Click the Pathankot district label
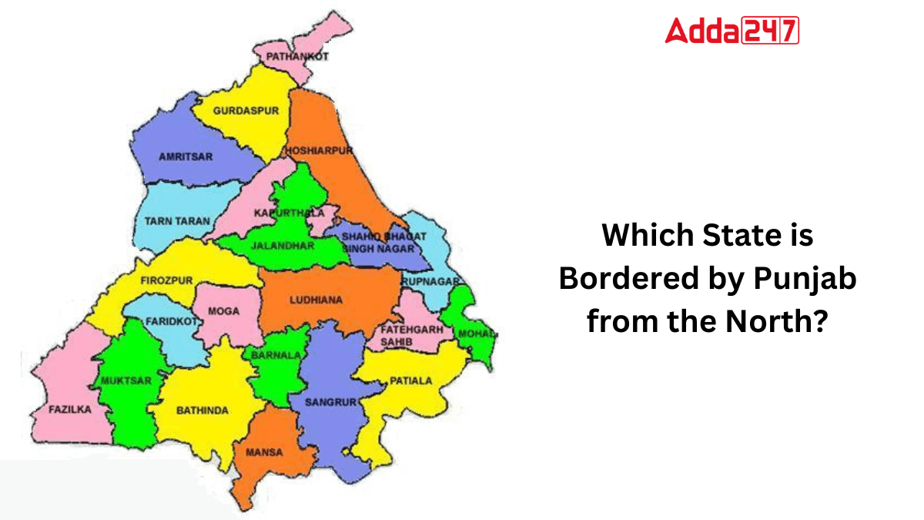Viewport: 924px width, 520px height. pos(296,56)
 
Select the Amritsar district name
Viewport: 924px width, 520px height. pos(185,156)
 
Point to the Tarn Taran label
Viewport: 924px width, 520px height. pos(177,220)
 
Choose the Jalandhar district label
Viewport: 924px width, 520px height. pos(283,246)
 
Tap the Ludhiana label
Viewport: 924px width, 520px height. pos(316,300)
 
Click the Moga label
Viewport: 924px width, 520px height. pos(224,311)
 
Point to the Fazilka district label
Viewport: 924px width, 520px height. pos(69,409)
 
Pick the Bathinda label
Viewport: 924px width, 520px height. pos(203,411)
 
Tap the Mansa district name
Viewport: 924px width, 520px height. pos(263,452)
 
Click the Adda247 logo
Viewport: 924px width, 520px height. pos(731,31)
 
